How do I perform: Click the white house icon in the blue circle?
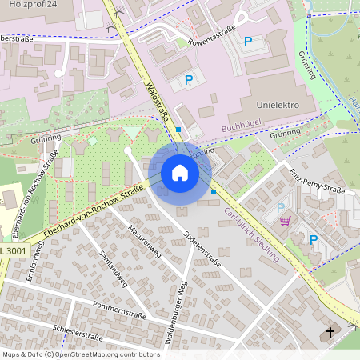[x=179, y=173]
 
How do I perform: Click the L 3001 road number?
[x=14, y=250]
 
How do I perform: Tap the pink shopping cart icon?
[x=283, y=220]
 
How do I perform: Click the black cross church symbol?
[x=330, y=331]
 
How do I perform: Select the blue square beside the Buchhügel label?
[x=178, y=129]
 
